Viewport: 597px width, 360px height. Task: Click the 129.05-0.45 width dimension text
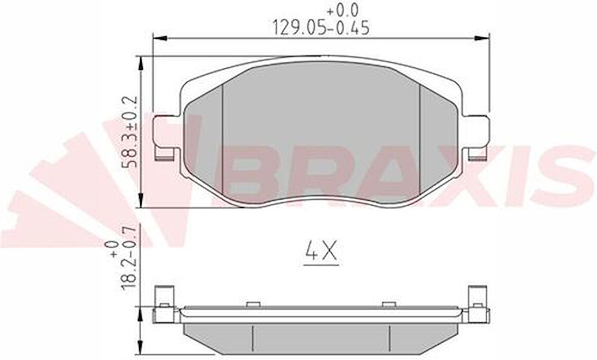[321, 28]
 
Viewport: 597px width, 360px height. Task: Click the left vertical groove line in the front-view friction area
[223, 142]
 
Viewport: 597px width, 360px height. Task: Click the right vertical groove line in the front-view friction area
[420, 142]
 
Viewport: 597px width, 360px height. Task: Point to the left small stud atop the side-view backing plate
[252, 304]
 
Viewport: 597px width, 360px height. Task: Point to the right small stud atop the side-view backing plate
[389, 304]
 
